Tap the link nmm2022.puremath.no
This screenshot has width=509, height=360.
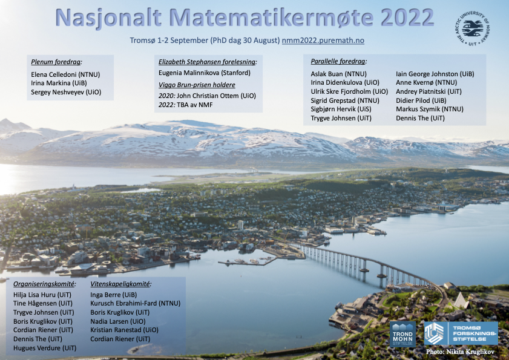323,41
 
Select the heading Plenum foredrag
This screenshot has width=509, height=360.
56,62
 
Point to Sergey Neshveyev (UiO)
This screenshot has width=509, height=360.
66,92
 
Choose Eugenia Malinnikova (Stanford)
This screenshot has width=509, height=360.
205,73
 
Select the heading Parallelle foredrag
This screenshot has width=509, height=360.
339,62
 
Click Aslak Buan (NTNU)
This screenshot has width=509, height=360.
335,74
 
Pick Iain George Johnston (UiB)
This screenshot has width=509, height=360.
435,74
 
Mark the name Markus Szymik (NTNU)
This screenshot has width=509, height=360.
430,109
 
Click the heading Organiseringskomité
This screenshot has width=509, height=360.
45,284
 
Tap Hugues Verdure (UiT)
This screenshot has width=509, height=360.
45,349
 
